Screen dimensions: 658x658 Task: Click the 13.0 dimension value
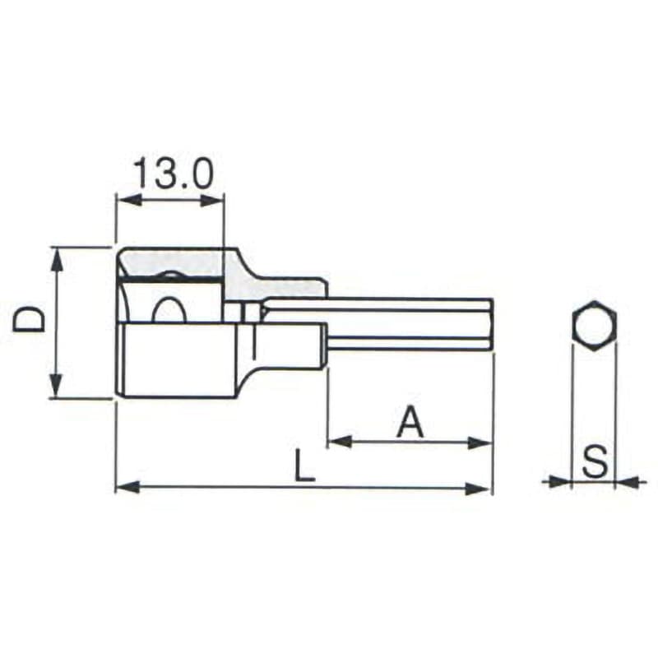[x=174, y=173]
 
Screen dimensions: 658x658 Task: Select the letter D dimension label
[x=29, y=319]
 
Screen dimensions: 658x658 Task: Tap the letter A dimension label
[x=410, y=423]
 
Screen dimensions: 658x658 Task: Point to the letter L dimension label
[x=304, y=465]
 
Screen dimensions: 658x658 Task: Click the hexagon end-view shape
[x=594, y=325]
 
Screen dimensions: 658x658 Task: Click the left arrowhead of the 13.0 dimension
[x=127, y=200]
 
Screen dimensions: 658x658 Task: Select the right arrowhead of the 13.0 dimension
[x=212, y=201]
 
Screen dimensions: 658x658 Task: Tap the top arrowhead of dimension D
[x=57, y=259]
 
